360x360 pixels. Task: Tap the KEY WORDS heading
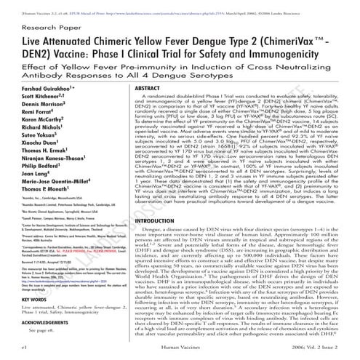(x=24, y=297)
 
